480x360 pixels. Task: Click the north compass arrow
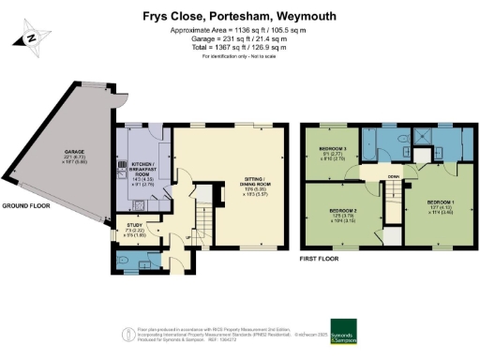(x=29, y=38)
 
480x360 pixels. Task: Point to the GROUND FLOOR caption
(x=25, y=204)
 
